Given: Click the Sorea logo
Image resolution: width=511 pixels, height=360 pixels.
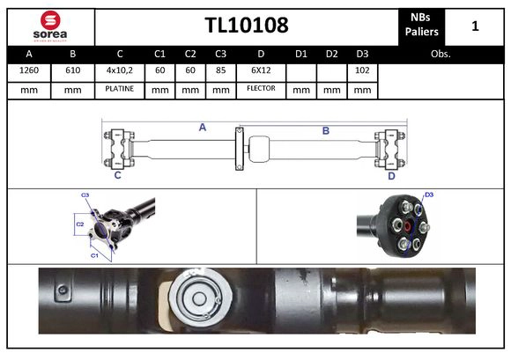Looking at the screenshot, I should pyautogui.click(x=49, y=26).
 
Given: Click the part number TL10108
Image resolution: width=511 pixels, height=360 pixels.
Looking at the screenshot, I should pyautogui.click(x=247, y=26).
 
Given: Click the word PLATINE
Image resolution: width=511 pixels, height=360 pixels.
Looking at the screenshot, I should pyautogui.click(x=119, y=89).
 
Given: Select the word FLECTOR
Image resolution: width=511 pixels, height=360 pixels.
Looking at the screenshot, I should pyautogui.click(x=261, y=89).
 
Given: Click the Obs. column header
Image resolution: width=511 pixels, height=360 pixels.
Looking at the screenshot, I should pyautogui.click(x=441, y=54).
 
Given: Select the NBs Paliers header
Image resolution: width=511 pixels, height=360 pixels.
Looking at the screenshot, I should pyautogui.click(x=422, y=26).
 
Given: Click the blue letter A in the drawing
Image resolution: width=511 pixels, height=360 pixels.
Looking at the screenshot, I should pyautogui.click(x=202, y=128).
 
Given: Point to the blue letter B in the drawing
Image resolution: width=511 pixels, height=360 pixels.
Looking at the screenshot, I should pyautogui.click(x=325, y=130).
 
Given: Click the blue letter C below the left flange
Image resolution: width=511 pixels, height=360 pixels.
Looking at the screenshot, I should pyautogui.click(x=117, y=175).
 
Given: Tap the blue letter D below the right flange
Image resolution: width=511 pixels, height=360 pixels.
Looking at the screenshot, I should pyautogui.click(x=391, y=175).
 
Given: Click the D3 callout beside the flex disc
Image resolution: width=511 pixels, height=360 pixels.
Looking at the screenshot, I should pyautogui.click(x=429, y=195).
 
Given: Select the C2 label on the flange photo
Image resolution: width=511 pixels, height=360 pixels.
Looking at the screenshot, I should pyautogui.click(x=78, y=224).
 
